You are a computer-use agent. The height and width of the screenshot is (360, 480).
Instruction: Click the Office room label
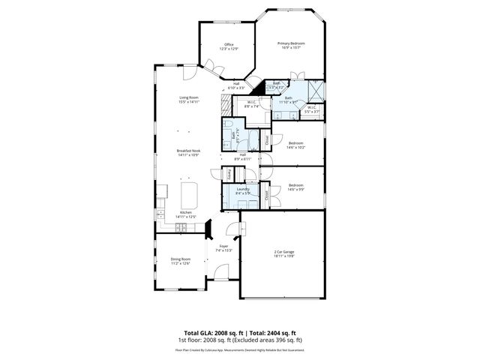229,46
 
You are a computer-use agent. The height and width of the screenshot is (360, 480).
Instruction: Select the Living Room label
188,100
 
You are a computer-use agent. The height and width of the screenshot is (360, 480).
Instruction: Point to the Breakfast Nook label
187,153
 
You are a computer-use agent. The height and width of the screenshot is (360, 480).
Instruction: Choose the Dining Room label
180,261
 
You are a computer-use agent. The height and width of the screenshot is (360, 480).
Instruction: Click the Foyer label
223,248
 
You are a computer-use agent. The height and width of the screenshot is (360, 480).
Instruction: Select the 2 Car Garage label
283,253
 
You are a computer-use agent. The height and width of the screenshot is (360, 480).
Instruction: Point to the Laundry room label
242,191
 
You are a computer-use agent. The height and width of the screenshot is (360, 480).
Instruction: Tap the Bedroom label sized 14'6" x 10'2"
296,145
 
